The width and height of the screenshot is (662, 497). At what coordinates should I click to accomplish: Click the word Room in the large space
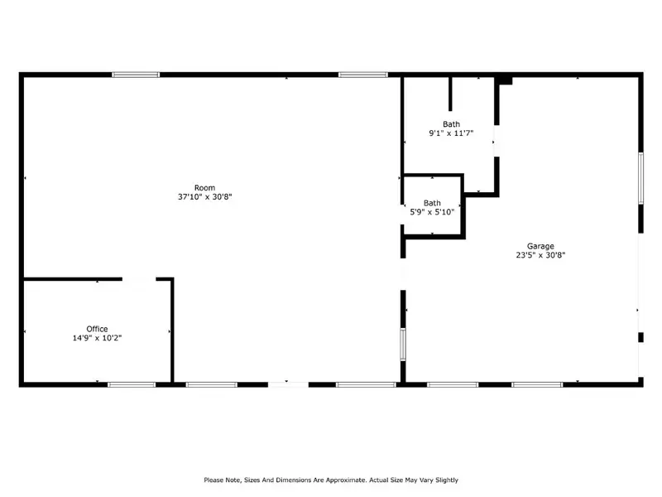point(204,188)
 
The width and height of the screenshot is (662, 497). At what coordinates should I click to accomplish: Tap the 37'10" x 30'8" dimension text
point(204,197)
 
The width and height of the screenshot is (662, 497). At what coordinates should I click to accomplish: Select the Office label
point(97,329)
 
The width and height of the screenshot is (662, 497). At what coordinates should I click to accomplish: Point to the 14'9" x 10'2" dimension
point(97,338)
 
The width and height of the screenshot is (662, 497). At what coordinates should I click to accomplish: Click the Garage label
point(540,246)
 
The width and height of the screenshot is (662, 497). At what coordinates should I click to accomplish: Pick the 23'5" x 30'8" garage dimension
point(540,255)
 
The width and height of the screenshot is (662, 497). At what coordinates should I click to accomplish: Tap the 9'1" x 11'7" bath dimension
point(451,133)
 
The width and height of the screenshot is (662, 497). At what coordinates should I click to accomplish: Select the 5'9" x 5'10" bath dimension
point(432,212)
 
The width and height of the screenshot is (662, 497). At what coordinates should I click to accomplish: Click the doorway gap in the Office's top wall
point(139,279)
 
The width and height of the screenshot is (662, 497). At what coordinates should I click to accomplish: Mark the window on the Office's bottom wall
point(132,384)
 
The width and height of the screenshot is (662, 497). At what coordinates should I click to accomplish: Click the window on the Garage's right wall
point(640,178)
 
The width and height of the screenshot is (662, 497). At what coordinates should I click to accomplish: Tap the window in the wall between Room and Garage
point(403,345)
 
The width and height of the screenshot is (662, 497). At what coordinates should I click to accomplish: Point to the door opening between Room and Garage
point(403,274)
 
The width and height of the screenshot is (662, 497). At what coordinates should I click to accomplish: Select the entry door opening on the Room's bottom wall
point(288,384)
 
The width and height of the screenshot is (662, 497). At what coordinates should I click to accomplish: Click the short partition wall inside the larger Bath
point(450,94)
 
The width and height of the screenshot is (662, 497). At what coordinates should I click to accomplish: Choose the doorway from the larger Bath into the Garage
point(497,141)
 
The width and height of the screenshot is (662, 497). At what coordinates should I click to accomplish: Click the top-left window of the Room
point(136,75)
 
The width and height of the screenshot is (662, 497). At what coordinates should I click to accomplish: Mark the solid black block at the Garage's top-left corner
point(504,80)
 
